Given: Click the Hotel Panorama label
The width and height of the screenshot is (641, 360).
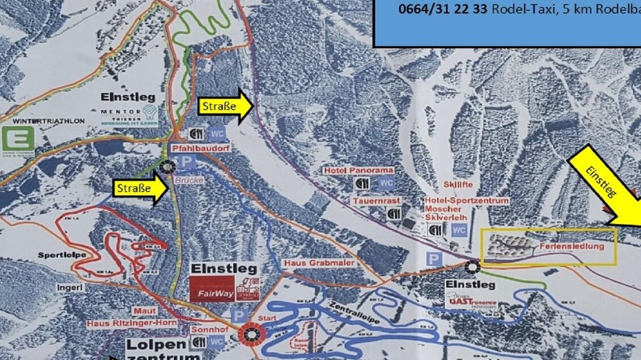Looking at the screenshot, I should [x=359, y=170].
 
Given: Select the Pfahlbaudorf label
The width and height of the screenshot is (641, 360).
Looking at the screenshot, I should [x=195, y=150].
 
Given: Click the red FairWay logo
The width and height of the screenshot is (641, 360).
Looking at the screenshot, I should [x=212, y=289].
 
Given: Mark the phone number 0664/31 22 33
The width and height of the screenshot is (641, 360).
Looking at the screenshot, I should [x=443, y=9].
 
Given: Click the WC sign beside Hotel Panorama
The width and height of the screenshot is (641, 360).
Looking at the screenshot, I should [x=386, y=184].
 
